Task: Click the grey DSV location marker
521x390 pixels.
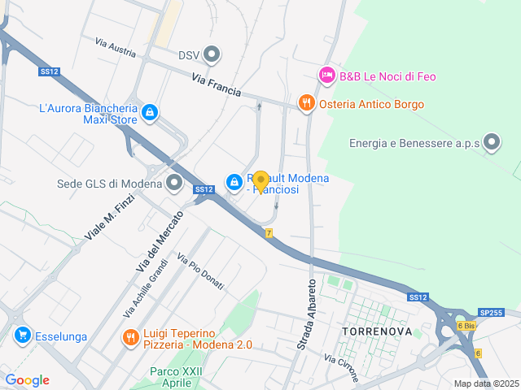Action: pyautogui.click(x=212, y=55)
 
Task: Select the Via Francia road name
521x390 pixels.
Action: pyautogui.click(x=217, y=84)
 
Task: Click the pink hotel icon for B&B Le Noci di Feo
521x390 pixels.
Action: pyautogui.click(x=326, y=76)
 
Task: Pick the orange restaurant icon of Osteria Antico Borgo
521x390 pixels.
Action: pyautogui.click(x=306, y=103)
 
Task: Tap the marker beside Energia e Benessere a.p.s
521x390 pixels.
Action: pyautogui.click(x=492, y=143)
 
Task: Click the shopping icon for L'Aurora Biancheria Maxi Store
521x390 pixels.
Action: pyautogui.click(x=149, y=112)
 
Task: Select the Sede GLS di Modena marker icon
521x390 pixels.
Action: pyautogui.click(x=174, y=184)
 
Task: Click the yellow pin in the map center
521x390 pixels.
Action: pyautogui.click(x=260, y=180)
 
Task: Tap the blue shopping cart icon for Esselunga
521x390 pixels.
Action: pyautogui.click(x=22, y=334)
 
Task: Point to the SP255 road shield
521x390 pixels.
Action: pyautogui.click(x=491, y=312)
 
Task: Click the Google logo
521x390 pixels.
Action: pyautogui.click(x=27, y=380)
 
